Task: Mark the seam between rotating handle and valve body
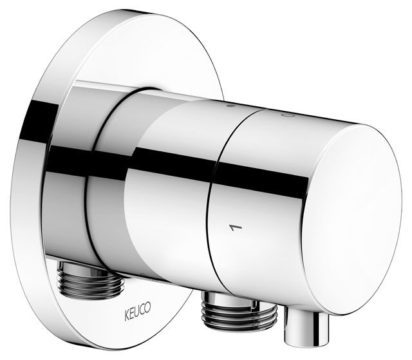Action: [217, 213]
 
